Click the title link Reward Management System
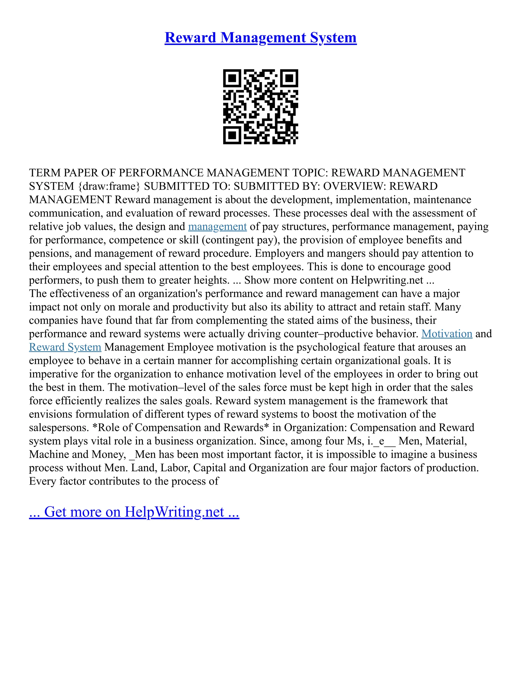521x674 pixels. coord(260,38)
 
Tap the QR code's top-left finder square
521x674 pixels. coord(232,78)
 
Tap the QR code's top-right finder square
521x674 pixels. coord(289,78)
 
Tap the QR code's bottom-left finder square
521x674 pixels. coord(232,135)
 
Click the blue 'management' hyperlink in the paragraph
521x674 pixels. coord(217,227)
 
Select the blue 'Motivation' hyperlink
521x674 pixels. coord(447,334)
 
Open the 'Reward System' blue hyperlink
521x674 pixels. coord(65,347)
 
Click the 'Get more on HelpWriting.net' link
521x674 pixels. coord(134,512)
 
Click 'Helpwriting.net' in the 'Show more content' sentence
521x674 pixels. coord(387,280)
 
